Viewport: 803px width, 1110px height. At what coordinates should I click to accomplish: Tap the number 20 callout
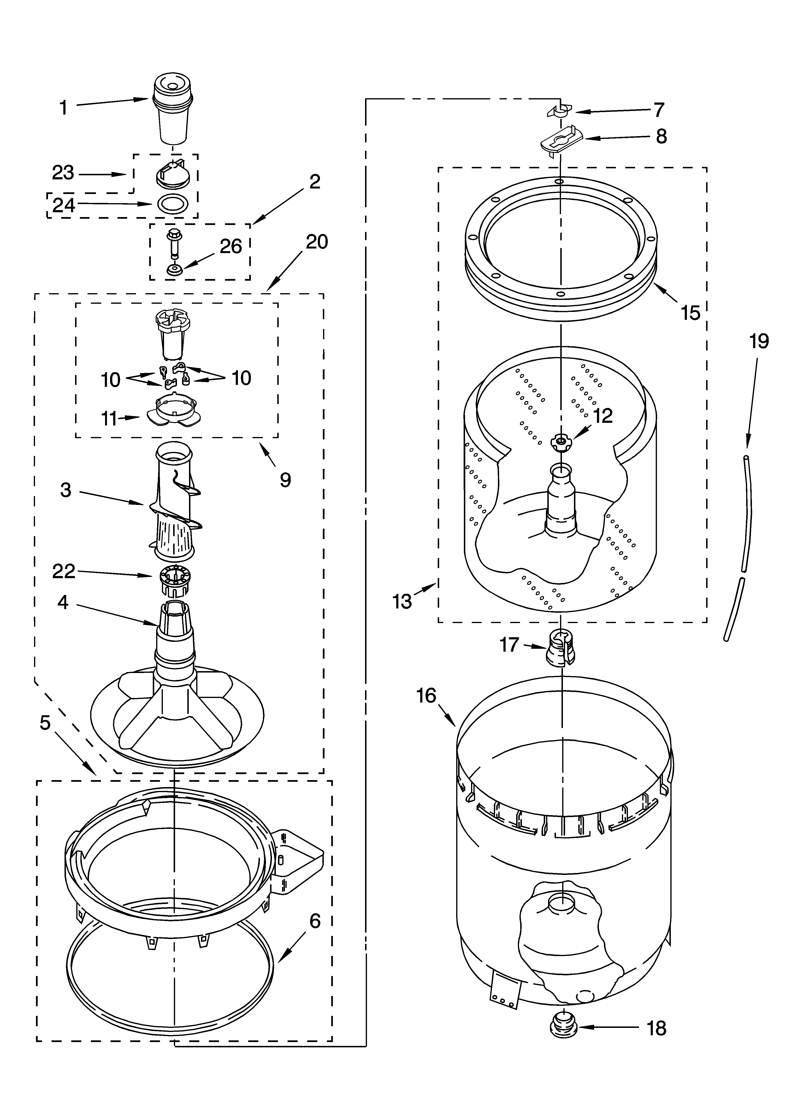(316, 242)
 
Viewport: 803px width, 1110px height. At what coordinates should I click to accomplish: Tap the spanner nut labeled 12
(561, 442)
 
